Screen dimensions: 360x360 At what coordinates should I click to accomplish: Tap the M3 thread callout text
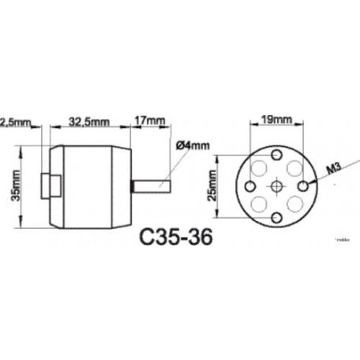tap(332, 167)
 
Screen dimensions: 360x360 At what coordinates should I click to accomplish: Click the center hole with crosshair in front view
tap(277, 186)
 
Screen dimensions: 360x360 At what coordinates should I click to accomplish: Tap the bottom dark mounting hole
tap(277, 216)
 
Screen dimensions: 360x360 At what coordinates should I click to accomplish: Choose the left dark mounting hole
tap(248, 186)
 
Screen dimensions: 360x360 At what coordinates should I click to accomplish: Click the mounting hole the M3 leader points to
tap(306, 186)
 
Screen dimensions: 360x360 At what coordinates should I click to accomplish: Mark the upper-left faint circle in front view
tap(257, 167)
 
